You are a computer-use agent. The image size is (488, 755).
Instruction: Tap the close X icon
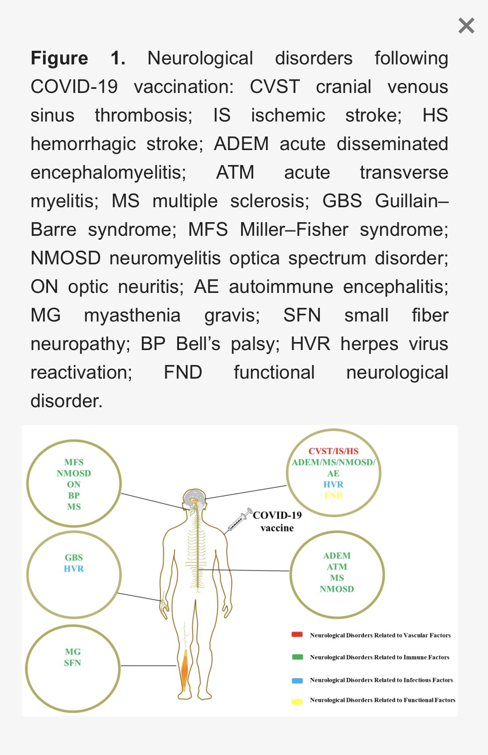(466, 26)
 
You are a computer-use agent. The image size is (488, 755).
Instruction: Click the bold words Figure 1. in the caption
(77, 58)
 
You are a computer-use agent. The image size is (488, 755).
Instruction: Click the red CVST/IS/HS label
(333, 451)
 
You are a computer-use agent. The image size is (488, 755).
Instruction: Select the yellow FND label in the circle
(333, 496)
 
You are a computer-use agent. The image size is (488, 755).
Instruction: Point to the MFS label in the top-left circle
(74, 462)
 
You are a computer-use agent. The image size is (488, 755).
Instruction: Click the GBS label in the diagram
(74, 557)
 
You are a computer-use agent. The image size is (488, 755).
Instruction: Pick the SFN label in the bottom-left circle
(72, 663)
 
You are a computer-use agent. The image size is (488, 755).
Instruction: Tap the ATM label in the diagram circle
(337, 567)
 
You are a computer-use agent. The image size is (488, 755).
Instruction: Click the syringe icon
(239, 520)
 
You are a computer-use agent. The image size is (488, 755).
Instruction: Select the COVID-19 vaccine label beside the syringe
(277, 521)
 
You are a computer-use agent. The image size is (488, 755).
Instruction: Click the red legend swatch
(297, 635)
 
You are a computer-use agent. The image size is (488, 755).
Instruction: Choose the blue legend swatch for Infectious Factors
(297, 680)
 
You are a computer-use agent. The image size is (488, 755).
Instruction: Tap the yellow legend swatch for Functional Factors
(297, 701)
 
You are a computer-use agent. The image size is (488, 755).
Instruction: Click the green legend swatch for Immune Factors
(297, 657)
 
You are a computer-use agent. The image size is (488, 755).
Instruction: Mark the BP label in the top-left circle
(74, 496)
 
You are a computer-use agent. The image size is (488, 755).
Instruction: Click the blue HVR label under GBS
(74, 569)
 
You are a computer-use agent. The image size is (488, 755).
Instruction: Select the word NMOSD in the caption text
(65, 258)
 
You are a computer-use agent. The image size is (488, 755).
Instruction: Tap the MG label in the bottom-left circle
(72, 652)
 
